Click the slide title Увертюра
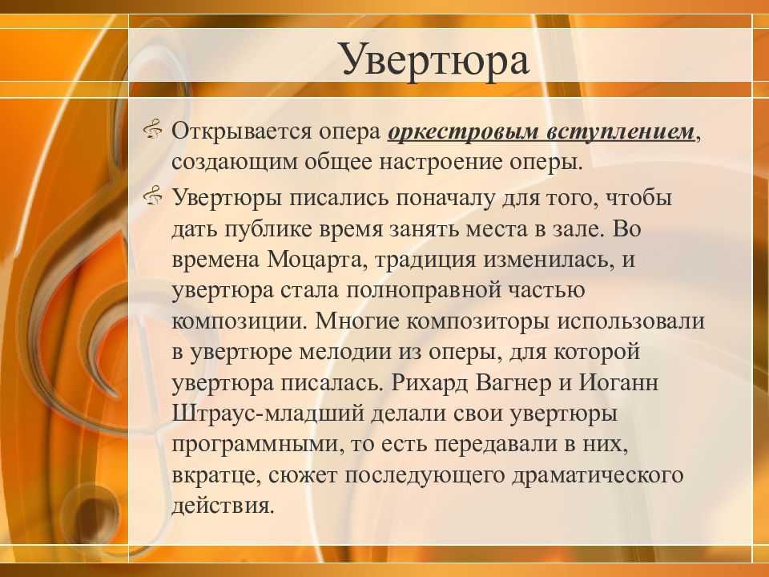coord(435,60)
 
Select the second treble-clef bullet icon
coord(152,196)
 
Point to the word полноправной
coord(425,291)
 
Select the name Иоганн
coord(619,383)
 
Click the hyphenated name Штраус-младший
coord(269,414)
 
